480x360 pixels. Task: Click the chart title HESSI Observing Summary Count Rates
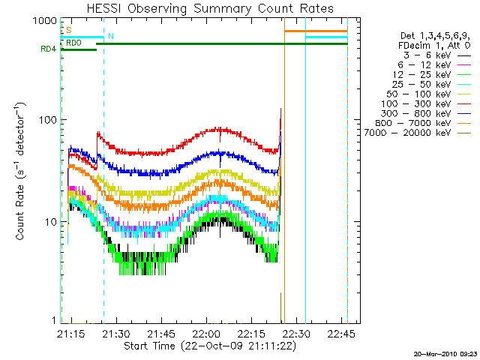tap(210, 8)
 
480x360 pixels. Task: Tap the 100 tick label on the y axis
tap(49, 121)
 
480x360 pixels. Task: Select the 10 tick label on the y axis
tap(51, 222)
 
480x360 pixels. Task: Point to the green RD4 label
tap(49, 50)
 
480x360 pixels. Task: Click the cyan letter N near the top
tap(111, 36)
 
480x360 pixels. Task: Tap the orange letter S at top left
tap(69, 31)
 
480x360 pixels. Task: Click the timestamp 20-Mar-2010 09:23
tap(445, 353)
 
